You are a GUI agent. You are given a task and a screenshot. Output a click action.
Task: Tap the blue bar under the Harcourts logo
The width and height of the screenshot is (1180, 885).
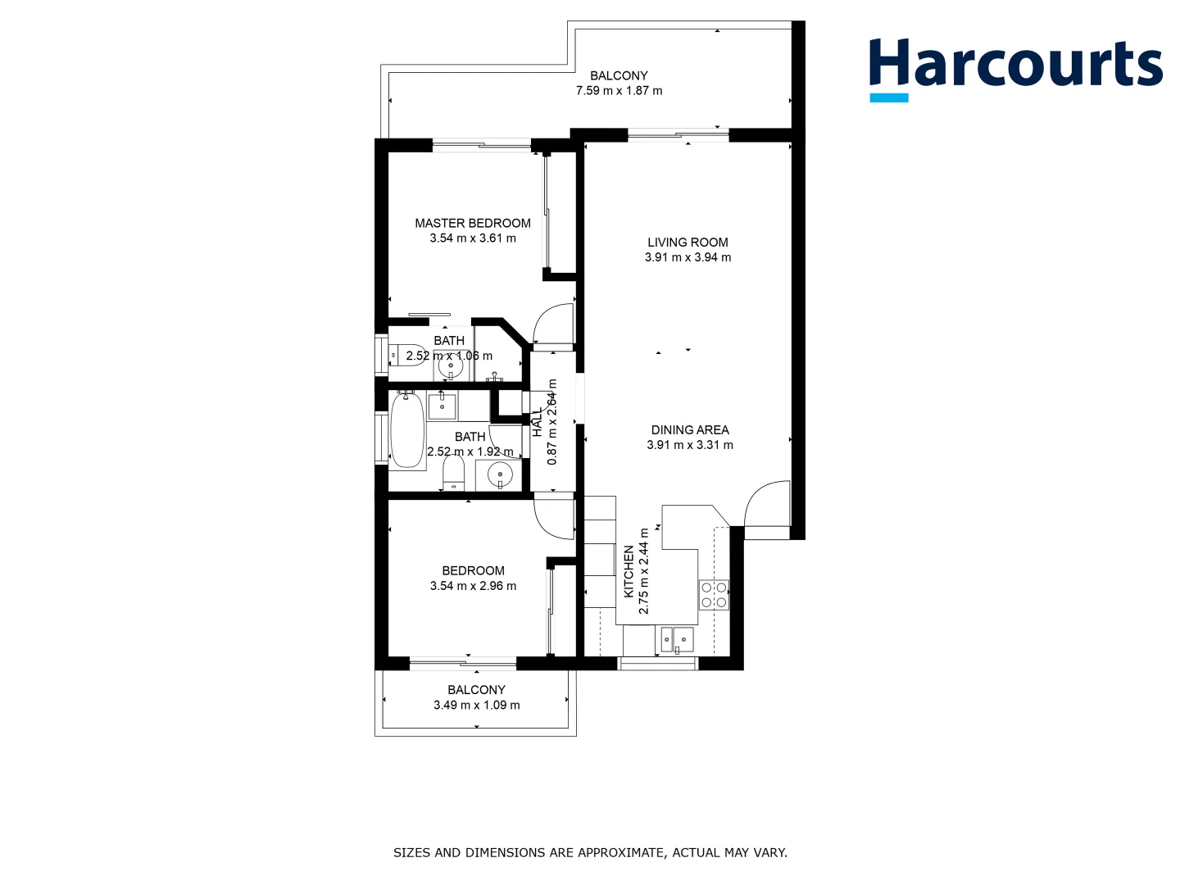[888, 98]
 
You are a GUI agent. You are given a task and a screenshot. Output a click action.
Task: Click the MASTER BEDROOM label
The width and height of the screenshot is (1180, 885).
[472, 223]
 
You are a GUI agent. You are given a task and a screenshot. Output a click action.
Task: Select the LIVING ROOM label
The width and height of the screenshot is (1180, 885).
[688, 242]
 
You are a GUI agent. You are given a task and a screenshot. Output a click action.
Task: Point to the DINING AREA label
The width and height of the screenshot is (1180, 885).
[689, 429]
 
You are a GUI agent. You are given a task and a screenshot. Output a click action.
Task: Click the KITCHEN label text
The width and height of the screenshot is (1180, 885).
[629, 571]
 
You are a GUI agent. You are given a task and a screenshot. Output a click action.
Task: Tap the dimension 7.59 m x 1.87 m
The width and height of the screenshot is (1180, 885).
[619, 91]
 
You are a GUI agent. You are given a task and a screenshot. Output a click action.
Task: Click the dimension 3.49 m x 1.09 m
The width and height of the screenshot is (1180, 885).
[476, 705]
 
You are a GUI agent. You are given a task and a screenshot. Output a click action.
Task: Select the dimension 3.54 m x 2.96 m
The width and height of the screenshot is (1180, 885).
[473, 586]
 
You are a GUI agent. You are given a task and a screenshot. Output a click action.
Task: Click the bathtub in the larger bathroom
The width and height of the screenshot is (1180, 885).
[406, 431]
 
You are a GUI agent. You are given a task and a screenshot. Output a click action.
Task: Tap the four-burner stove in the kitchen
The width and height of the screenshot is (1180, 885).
[714, 595]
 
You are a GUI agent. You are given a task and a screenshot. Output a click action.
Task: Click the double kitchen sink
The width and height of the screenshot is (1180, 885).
[677, 639]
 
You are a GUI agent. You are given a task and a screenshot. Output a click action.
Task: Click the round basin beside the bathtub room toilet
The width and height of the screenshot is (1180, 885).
[499, 474]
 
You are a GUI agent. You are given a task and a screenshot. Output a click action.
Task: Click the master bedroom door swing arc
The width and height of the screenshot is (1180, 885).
[551, 324]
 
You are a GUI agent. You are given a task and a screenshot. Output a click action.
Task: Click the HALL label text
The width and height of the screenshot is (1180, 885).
[538, 423]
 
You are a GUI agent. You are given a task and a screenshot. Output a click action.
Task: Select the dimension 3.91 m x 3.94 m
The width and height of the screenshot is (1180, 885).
[688, 257]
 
